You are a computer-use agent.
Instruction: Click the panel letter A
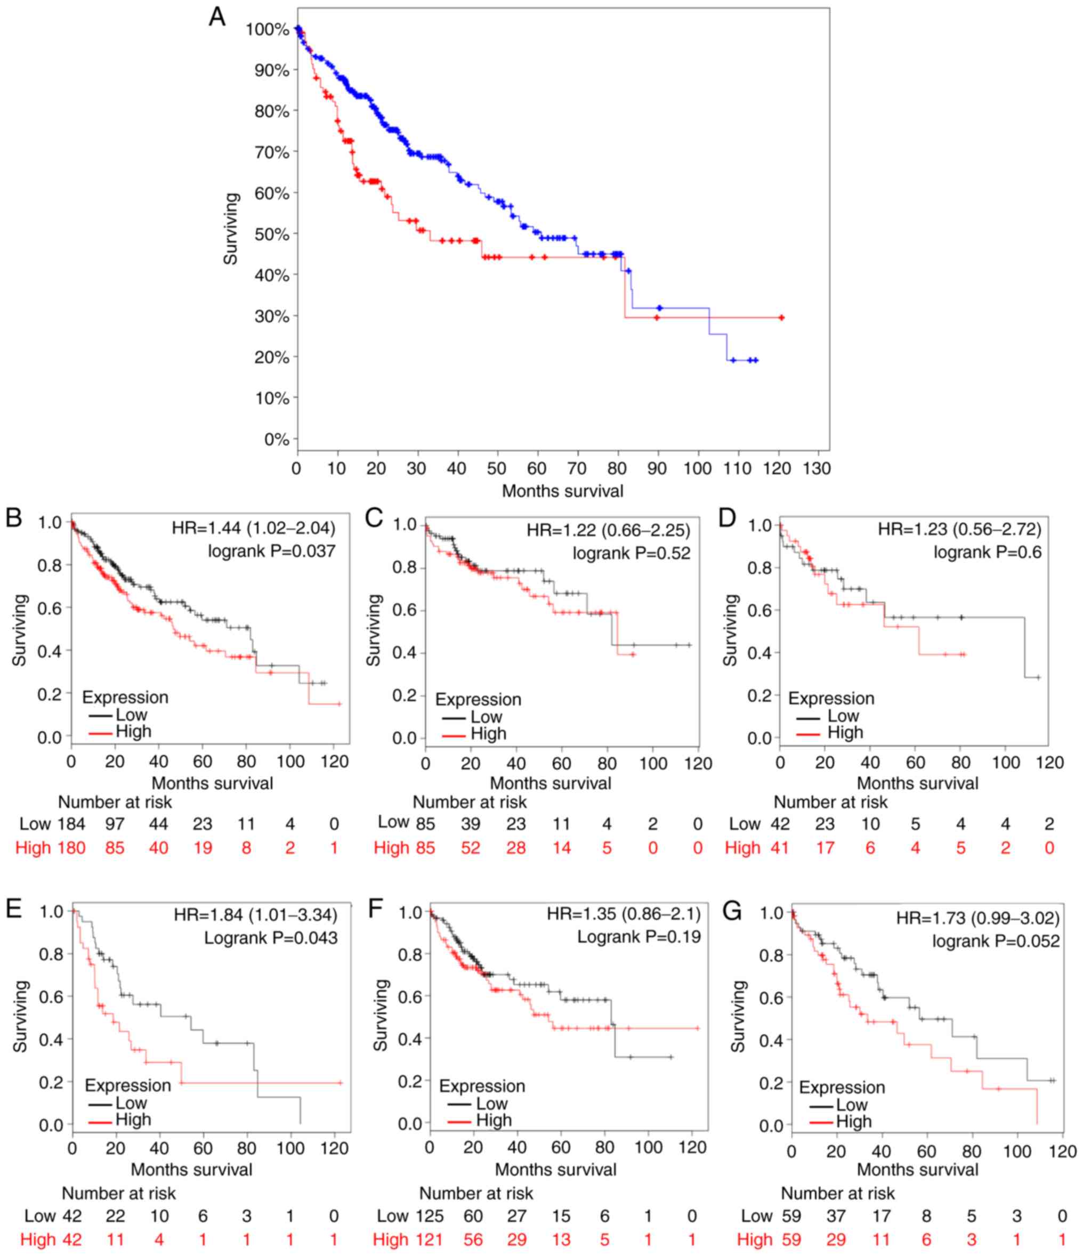click(x=216, y=17)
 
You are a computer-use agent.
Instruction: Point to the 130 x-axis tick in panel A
click(x=817, y=468)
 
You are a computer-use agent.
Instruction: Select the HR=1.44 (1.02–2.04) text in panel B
click(x=254, y=528)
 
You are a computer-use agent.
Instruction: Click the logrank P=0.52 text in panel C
click(x=631, y=553)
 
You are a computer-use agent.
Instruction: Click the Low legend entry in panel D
click(x=843, y=716)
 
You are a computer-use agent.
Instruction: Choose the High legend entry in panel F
click(x=494, y=1120)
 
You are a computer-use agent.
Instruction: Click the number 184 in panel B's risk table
click(x=71, y=824)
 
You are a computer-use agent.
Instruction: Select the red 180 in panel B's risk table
click(x=71, y=847)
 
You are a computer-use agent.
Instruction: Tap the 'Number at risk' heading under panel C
click(x=470, y=802)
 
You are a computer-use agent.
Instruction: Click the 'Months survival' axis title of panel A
click(x=562, y=491)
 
